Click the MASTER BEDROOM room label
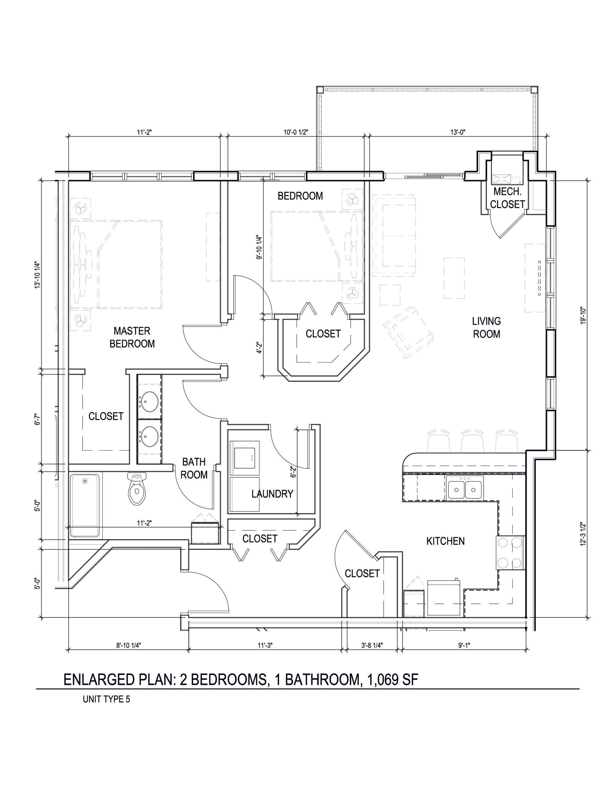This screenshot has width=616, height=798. point(132,337)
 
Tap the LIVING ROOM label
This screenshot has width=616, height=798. point(486,327)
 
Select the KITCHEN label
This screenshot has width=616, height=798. point(446,541)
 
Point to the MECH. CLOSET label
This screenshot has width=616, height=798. point(508,198)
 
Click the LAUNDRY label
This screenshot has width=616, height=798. point(272,494)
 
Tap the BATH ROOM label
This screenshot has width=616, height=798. point(194,469)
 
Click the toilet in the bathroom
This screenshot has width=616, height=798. point(137,488)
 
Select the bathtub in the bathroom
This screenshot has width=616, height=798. point(85,505)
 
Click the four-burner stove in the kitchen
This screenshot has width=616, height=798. point(510,552)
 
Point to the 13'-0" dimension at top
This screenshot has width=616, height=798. point(458,132)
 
